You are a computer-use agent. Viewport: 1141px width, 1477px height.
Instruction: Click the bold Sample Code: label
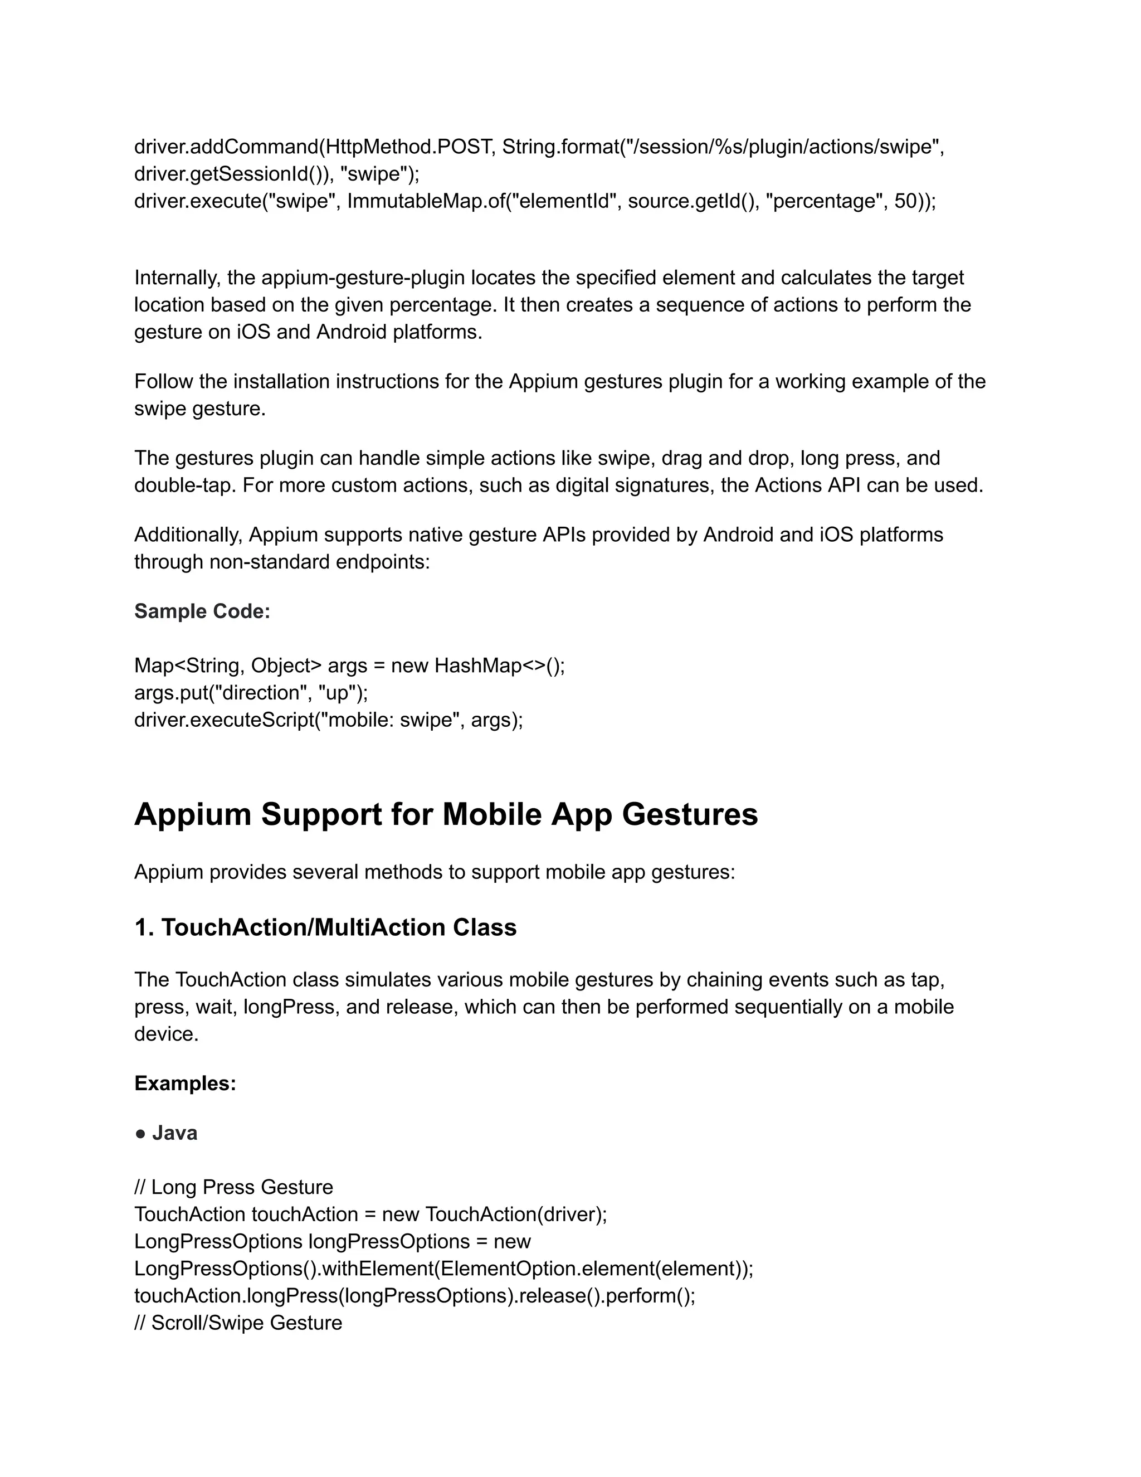(202, 611)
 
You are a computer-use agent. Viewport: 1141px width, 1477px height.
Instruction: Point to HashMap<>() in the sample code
(499, 665)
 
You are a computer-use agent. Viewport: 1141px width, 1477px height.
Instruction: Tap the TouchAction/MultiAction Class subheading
(339, 927)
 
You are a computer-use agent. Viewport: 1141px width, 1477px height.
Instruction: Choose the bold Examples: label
(185, 1084)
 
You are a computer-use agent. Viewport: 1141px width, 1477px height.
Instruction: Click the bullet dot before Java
(140, 1134)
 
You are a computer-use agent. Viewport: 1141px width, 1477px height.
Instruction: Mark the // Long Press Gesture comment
(233, 1188)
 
